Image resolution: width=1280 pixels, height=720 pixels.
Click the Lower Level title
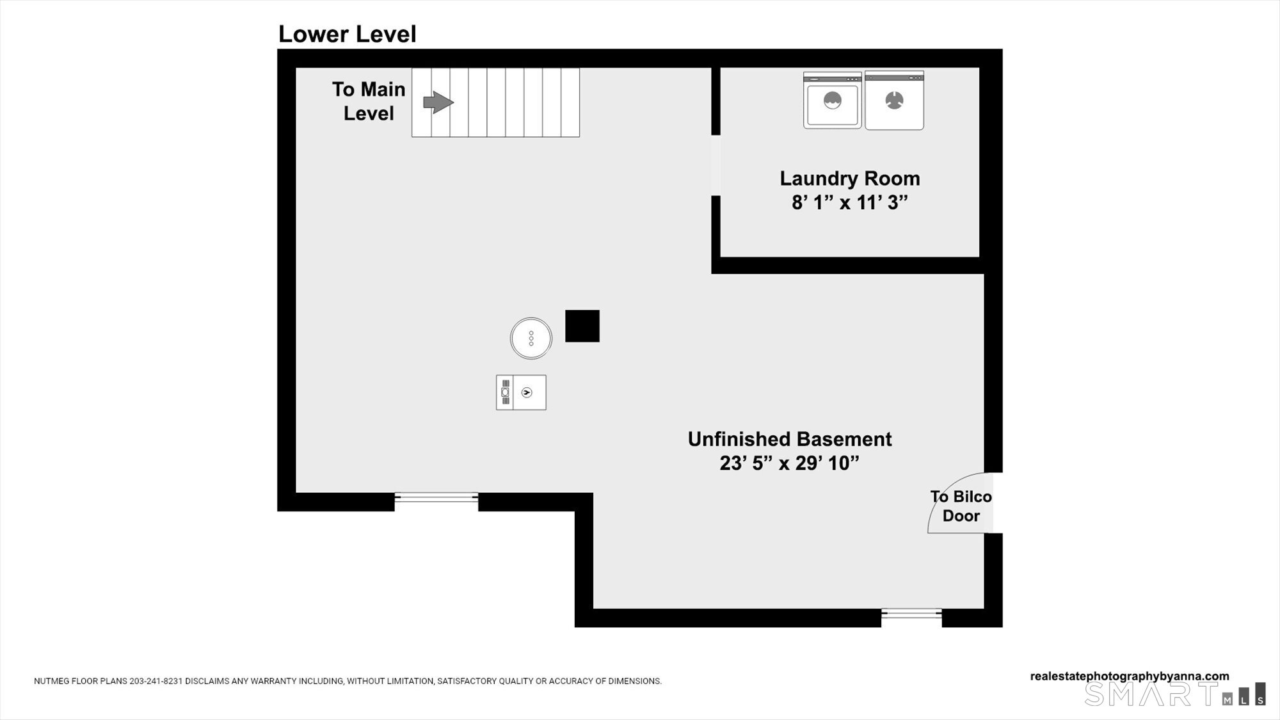tap(347, 35)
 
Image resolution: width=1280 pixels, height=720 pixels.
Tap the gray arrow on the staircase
tap(438, 102)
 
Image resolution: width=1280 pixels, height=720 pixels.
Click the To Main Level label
tap(369, 101)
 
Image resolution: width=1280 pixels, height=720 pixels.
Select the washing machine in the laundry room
tap(832, 100)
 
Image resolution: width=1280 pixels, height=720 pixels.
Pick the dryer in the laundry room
tap(894, 100)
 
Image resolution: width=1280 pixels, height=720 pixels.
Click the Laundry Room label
tap(849, 179)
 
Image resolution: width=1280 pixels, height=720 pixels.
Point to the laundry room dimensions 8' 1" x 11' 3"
tap(849, 203)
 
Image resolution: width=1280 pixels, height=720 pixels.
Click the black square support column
tap(582, 326)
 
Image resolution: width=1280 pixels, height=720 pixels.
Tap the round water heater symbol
tap(531, 338)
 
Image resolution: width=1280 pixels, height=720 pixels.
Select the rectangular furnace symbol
tap(521, 392)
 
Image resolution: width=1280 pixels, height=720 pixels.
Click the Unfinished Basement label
tap(789, 439)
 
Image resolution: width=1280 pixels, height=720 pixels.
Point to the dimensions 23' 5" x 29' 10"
tap(789, 463)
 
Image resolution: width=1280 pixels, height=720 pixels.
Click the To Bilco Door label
tap(961, 506)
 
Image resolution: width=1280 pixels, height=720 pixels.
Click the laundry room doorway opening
tap(716, 165)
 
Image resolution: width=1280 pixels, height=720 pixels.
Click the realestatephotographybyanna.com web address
tap(1130, 676)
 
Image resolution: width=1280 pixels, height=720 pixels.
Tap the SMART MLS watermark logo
tap(1175, 694)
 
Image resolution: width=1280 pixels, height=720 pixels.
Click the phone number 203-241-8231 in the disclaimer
tap(156, 681)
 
